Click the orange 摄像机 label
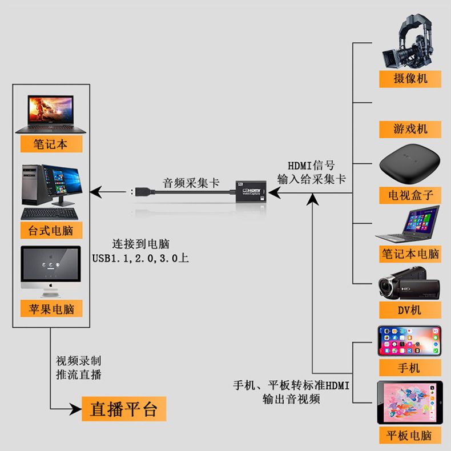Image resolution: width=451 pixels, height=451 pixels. click(410, 78)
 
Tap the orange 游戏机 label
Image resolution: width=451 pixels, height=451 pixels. click(410, 128)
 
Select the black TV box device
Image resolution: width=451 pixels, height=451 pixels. click(409, 166)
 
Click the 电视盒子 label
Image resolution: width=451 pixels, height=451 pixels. click(410, 195)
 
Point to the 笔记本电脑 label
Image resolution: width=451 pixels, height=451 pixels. click(410, 253)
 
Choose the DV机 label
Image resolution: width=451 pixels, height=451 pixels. click(410, 309)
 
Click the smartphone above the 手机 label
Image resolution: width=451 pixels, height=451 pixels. click(409, 341)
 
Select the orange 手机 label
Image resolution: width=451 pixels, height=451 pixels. click(409, 367)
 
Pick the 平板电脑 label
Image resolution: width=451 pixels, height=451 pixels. click(409, 436)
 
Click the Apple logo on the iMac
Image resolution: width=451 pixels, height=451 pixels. click(51, 283)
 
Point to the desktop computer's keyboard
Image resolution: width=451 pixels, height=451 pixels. click(51, 214)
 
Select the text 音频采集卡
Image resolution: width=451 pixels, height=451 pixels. click(191, 183)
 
